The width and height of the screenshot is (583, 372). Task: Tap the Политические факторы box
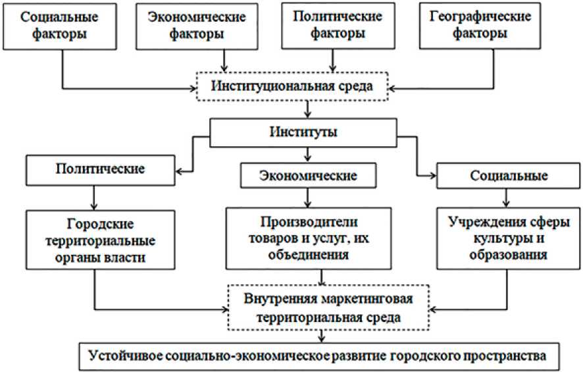tap(333, 25)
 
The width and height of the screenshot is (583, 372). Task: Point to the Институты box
tap(304, 132)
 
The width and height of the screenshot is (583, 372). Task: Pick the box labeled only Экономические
tap(309, 176)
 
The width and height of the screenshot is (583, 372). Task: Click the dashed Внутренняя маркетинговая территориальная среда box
tap(320, 307)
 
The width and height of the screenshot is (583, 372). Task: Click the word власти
tap(136, 258)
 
